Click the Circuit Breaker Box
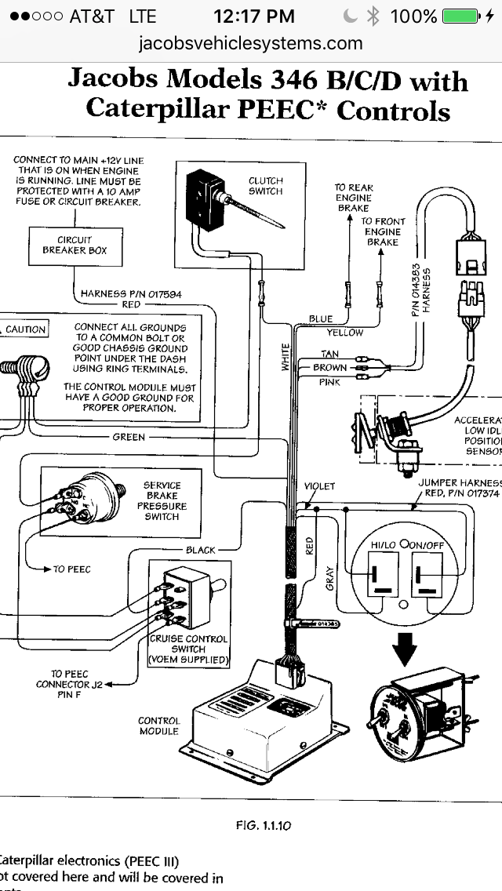[x=75, y=245]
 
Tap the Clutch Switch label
[x=265, y=186]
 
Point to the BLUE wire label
[x=320, y=319]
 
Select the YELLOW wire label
[x=345, y=333]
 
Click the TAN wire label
[x=330, y=355]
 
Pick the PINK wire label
[x=329, y=382]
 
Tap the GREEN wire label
[x=129, y=437]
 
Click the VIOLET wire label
[x=319, y=486]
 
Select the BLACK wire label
[x=200, y=550]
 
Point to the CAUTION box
[x=25, y=329]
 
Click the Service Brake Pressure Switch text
[x=162, y=501]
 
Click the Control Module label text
[x=159, y=726]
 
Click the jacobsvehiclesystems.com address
[x=250, y=43]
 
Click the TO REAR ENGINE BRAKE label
[x=354, y=198]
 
